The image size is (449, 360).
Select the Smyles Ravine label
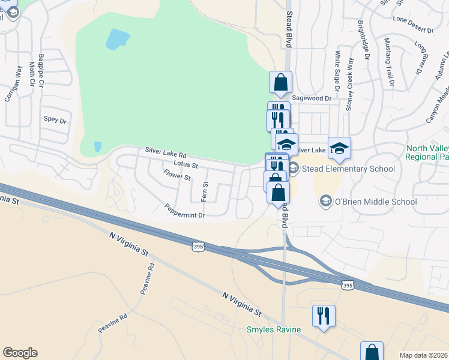tap(273, 329)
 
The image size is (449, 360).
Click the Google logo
tap(20, 353)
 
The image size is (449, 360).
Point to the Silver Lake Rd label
tap(166, 154)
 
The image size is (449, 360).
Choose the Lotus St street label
tap(185, 163)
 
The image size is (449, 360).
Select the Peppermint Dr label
tap(185, 211)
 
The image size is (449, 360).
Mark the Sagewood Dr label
tap(312, 98)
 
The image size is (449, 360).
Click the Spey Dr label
tap(55, 119)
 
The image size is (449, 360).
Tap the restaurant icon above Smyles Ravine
tap(324, 316)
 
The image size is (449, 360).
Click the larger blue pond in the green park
tap(118, 39)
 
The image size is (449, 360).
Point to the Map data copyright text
tap(423, 355)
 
